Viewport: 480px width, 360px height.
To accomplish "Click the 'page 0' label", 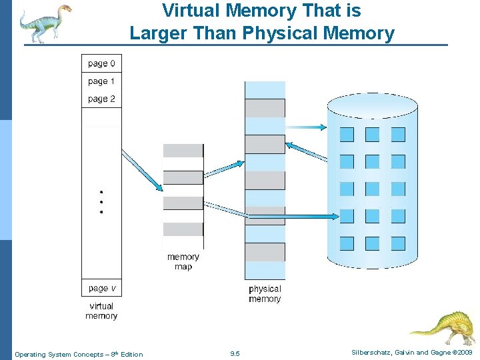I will [101, 64].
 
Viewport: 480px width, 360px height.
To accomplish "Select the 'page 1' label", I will [101, 81].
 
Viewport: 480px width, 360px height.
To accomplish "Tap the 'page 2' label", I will [101, 99].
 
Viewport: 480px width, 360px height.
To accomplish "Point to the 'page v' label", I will [101, 288].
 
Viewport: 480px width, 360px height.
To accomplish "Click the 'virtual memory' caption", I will [101, 311].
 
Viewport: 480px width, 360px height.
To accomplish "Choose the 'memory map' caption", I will [183, 261].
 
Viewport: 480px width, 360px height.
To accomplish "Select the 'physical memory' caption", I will [265, 294].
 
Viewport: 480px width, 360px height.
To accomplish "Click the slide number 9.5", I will [235, 354].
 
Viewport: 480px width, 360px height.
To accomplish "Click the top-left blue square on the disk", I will [347, 135].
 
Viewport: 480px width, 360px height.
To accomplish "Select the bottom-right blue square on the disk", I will [398, 243].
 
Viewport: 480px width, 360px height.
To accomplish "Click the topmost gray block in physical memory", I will [265, 108].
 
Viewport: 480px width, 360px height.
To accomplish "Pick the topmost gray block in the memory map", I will [183, 151].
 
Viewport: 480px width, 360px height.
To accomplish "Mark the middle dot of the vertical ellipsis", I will [101, 201].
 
